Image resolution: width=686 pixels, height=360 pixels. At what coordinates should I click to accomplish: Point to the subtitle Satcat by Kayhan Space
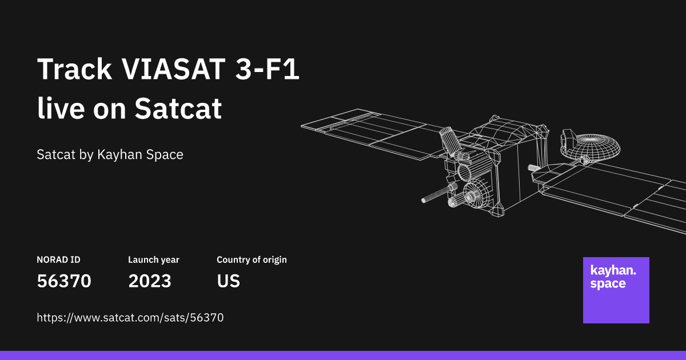coord(110,155)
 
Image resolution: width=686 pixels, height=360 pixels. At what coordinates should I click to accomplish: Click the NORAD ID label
coord(58,260)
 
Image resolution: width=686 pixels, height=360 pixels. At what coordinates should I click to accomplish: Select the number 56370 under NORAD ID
coord(64,281)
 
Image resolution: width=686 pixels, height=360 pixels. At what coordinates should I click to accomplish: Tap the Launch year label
coord(153,260)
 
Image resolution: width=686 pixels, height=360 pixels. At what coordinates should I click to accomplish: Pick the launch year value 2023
coord(150,281)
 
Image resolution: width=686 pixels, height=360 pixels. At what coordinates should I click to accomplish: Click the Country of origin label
coord(252,260)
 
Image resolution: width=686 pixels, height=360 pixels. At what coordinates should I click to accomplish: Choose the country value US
coord(228,281)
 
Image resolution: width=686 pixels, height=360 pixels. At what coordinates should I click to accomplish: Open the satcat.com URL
coord(130,318)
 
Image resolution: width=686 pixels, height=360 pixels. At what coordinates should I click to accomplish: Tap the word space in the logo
coord(608,284)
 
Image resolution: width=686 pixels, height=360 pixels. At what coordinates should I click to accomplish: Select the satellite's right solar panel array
coord(623,194)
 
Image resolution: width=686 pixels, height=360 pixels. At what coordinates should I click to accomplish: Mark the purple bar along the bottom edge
coord(343,355)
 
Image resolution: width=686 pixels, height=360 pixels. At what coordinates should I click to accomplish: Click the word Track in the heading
coord(74,70)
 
